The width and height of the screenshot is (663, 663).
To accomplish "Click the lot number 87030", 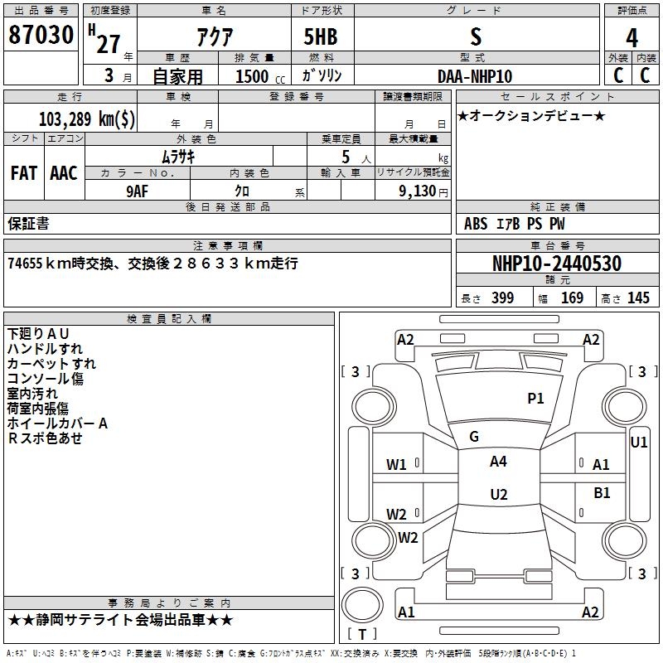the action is coord(41,35).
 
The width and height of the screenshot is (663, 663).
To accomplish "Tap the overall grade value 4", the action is coord(632,38).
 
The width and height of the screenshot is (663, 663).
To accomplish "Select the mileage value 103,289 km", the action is coord(87,119).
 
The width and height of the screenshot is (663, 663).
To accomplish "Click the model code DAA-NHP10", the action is coord(475,76).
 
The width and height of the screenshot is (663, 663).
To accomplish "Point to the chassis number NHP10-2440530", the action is coord(557,264).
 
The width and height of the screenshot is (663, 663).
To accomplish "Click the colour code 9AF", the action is coord(137,191).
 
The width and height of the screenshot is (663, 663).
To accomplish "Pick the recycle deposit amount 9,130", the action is coord(418,191).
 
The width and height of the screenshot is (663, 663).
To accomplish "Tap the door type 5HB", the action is coord(321,36).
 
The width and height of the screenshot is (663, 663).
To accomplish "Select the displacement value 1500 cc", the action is coord(260,76).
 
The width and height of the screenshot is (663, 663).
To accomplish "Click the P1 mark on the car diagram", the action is coord(535,398).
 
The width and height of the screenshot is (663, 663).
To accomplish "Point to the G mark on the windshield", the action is coord(474,437).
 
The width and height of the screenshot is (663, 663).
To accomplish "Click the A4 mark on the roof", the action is coord(498,462).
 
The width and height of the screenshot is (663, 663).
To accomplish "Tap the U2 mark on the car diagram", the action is coord(499,494).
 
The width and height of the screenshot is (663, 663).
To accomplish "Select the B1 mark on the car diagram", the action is coord(602,492).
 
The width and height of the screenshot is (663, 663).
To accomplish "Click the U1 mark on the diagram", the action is coord(638,443).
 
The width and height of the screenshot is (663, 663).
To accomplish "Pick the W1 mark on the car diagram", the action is coord(396,465).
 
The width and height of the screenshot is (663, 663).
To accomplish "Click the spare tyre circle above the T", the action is coord(362,605).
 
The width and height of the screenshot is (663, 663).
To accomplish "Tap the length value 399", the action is coord(502,298).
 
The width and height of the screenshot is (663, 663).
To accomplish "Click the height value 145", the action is coord(638,298).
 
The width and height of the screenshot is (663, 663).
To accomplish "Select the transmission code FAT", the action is coord(24,173).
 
